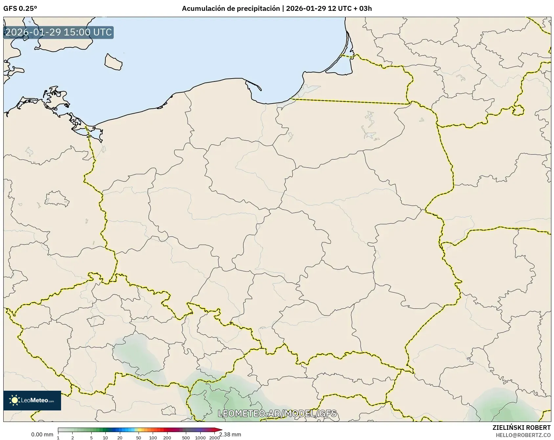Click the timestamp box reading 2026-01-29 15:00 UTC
(58, 33)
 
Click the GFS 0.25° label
(20, 9)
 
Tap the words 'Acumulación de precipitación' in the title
(231, 9)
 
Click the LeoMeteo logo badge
(32, 400)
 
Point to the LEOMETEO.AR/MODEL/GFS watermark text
(277, 413)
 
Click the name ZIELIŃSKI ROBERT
(521, 428)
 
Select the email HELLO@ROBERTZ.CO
(523, 435)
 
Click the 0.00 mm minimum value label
(42, 434)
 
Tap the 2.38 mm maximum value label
(230, 434)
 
